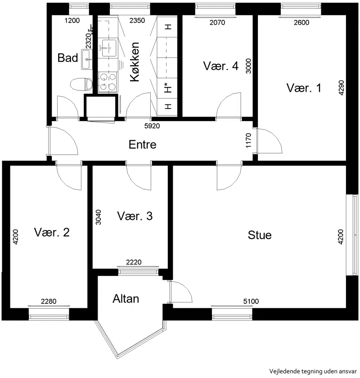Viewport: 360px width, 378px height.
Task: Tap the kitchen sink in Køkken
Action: pyautogui.click(x=108, y=48)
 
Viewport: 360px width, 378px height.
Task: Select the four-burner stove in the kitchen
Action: pyautogui.click(x=108, y=82)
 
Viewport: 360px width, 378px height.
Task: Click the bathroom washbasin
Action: pyautogui.click(x=86, y=59)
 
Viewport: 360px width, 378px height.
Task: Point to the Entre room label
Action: pyautogui.click(x=143, y=144)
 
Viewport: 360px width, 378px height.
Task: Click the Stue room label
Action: pyautogui.click(x=260, y=235)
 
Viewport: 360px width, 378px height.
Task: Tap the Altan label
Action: pyautogui.click(x=126, y=299)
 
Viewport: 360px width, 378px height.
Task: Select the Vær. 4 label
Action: pyautogui.click(x=221, y=66)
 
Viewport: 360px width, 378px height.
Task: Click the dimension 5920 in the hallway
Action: pyautogui.click(x=152, y=126)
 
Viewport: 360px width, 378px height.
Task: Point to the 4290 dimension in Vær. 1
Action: pyautogui.click(x=341, y=87)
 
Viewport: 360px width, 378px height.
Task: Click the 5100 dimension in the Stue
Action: pyautogui.click(x=251, y=301)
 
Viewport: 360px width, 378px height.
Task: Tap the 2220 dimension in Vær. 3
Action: pyautogui.click(x=134, y=262)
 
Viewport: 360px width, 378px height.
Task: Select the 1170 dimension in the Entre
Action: pyautogui.click(x=248, y=140)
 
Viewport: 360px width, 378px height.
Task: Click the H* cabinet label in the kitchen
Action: pyautogui.click(x=167, y=88)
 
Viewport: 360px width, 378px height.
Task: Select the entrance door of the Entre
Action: pyautogui.click(x=63, y=141)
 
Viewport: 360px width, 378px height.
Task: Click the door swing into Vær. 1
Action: pyautogui.click(x=270, y=141)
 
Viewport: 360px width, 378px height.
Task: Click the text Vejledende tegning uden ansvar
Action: pyautogui.click(x=313, y=371)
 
